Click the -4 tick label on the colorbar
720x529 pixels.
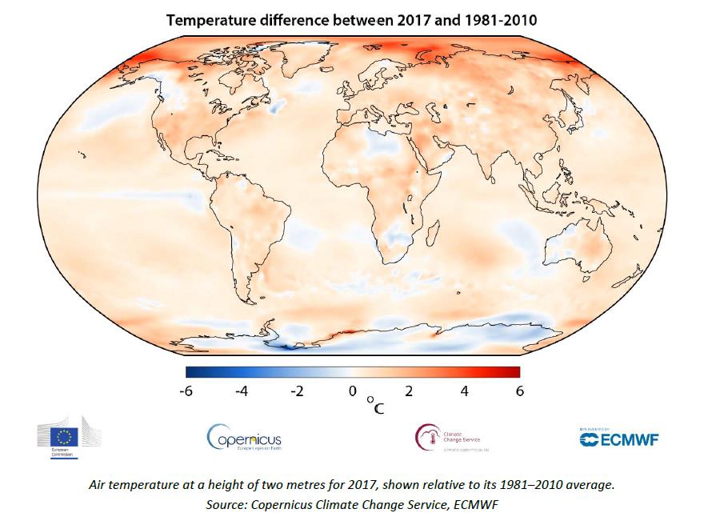(242, 391)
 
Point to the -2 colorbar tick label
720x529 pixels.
(297, 391)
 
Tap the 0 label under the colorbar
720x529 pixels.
(352, 391)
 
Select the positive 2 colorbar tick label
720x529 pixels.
(409, 391)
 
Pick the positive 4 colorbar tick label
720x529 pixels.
(464, 391)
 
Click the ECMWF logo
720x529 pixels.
(614, 438)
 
